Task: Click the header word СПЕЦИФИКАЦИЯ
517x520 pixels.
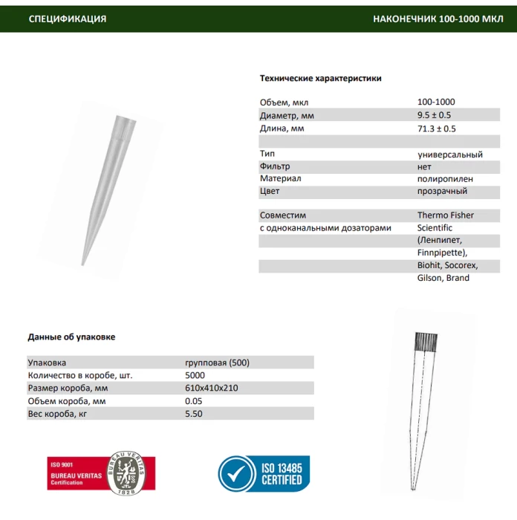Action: point(67,19)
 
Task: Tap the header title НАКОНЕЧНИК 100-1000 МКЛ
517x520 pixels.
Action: point(438,19)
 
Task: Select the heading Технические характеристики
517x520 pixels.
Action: point(320,78)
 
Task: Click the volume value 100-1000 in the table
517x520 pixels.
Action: point(436,102)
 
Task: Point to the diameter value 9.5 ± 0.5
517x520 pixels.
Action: point(434,115)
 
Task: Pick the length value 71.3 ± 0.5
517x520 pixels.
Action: point(436,129)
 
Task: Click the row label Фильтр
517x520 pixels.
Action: point(275,166)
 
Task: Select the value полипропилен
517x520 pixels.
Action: point(445,179)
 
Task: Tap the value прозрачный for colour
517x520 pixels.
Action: point(443,192)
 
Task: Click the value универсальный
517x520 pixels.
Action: point(449,155)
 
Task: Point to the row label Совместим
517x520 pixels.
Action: point(283,215)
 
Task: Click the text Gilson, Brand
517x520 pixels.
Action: point(443,278)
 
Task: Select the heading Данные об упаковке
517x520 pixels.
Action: point(71,337)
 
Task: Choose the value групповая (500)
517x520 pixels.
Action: point(217,363)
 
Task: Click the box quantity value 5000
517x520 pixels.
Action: point(195,375)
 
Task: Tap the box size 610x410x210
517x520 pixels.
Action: point(211,388)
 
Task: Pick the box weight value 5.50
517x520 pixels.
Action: point(193,414)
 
